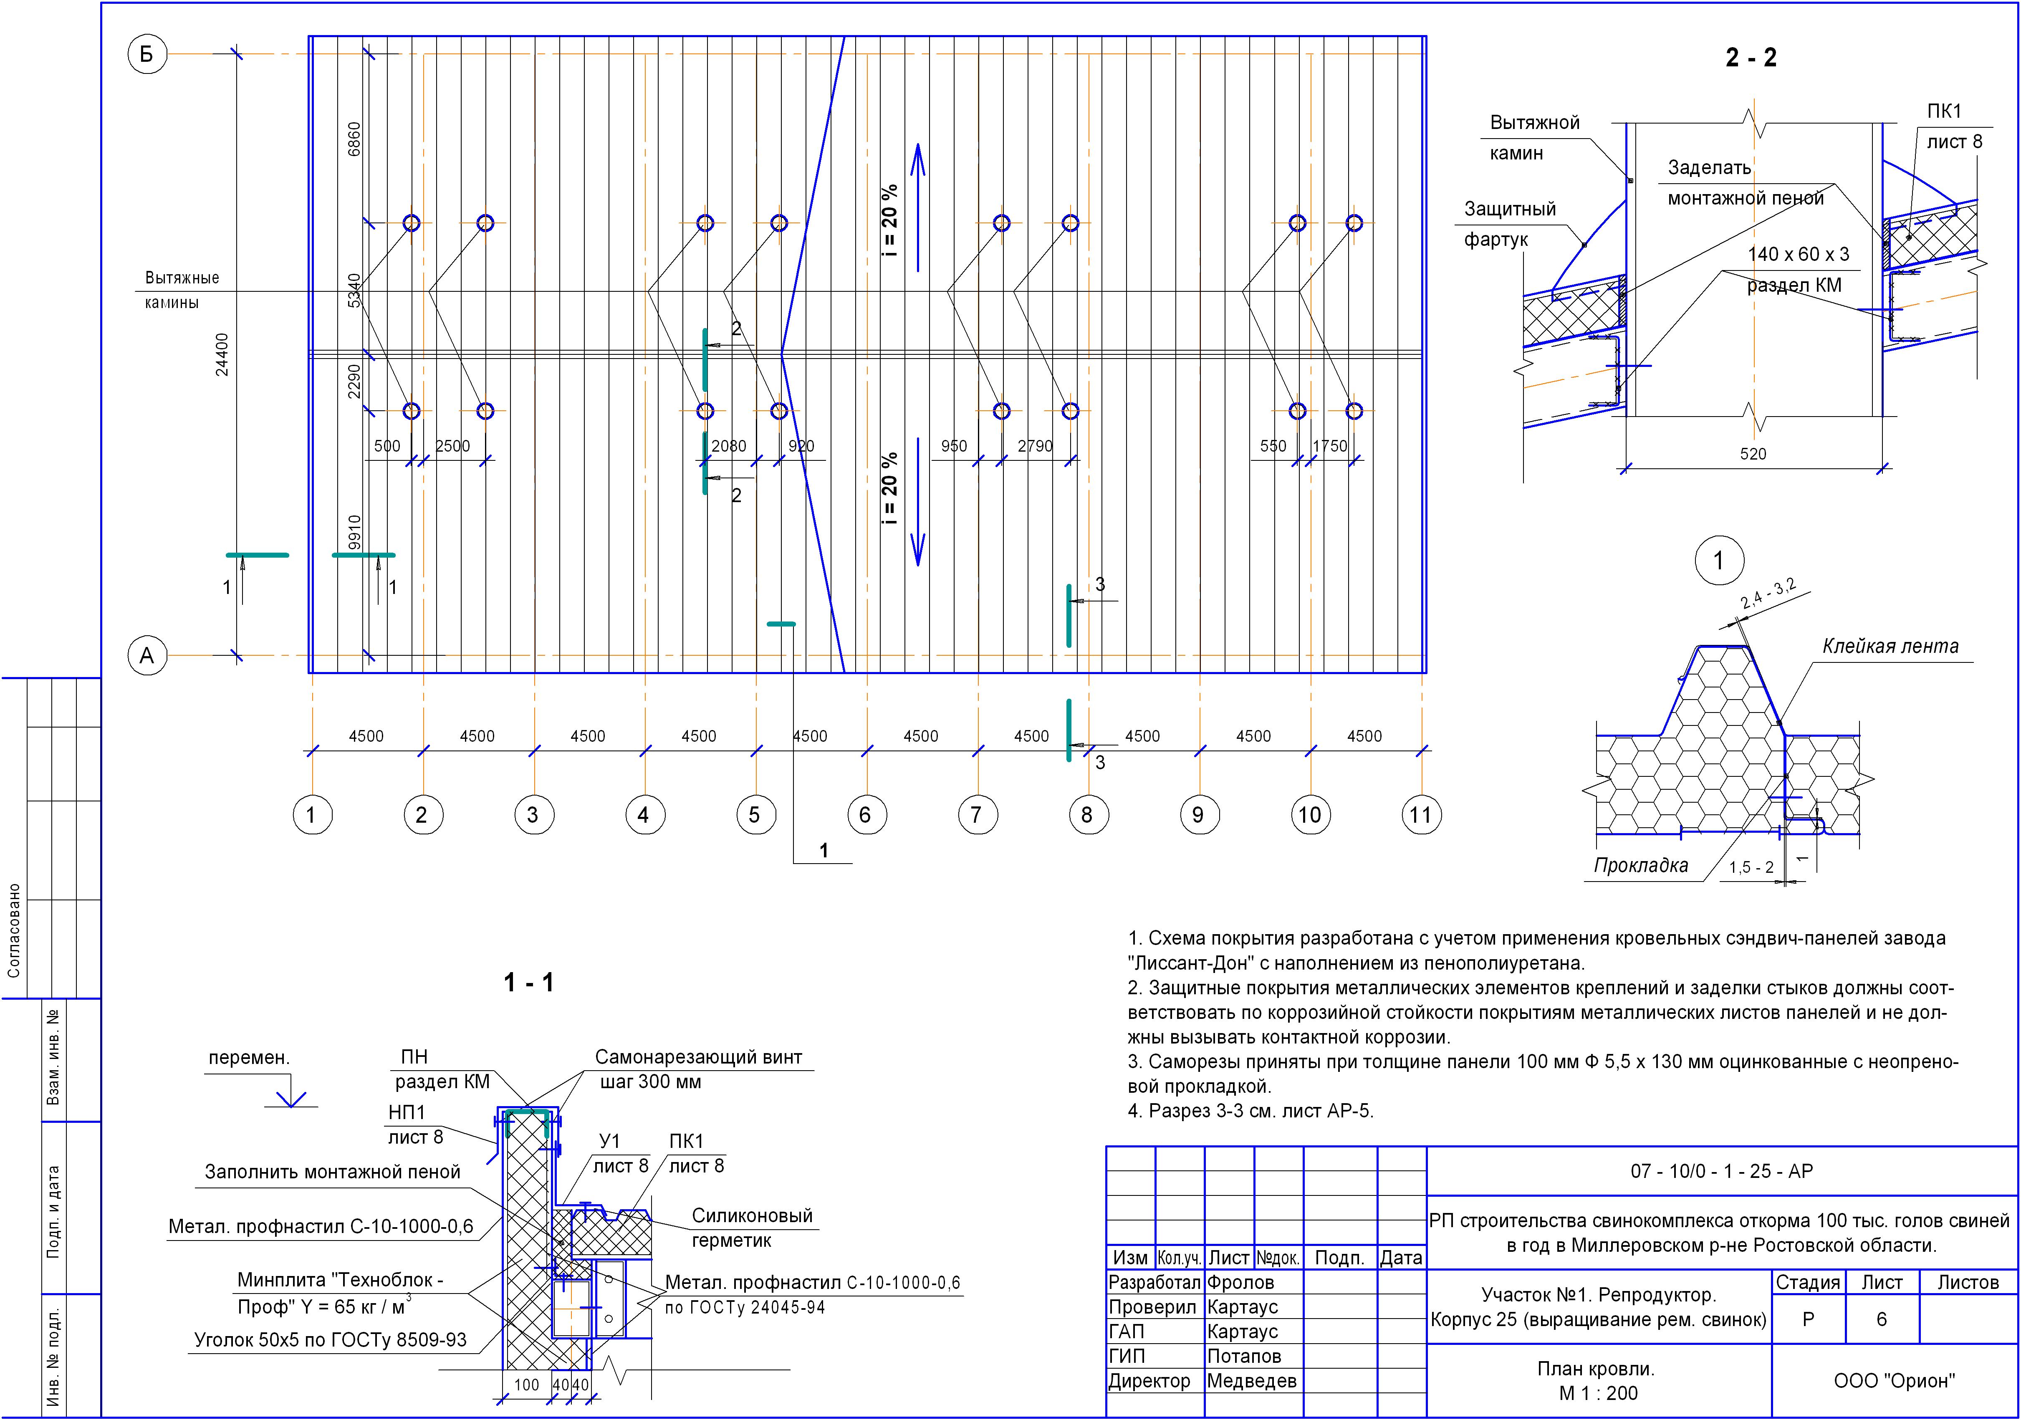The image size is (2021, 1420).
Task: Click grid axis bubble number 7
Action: (x=976, y=815)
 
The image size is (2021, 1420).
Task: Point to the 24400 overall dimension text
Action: (x=222, y=355)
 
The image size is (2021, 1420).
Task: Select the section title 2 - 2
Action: (x=1751, y=58)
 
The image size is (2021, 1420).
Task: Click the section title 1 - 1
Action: (x=528, y=983)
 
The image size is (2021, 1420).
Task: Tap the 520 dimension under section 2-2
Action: (x=1753, y=454)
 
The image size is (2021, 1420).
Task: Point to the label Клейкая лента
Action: (x=1890, y=646)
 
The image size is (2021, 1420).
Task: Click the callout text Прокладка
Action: (x=1641, y=865)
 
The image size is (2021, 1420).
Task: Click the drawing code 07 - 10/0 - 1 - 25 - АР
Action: (x=1722, y=1171)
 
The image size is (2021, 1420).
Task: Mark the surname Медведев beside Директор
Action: (x=1251, y=1381)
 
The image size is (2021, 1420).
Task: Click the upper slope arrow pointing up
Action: (x=917, y=207)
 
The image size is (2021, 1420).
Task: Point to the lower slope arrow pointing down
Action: (x=917, y=502)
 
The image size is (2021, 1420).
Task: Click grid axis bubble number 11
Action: (x=1420, y=815)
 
